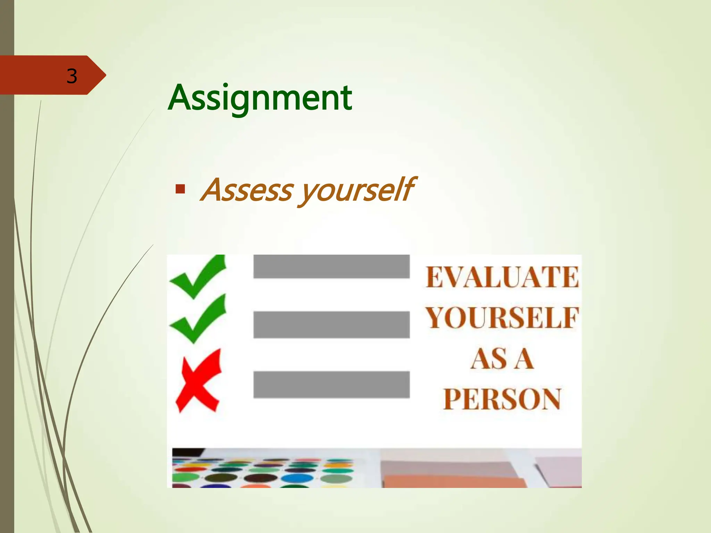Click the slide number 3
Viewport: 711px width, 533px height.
pos(72,76)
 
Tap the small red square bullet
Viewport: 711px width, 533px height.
pos(180,189)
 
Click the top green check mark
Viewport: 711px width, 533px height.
pos(198,277)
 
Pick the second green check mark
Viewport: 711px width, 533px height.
pos(198,319)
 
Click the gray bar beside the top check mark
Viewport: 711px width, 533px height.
pos(331,266)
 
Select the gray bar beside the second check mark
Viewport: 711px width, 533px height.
pos(331,324)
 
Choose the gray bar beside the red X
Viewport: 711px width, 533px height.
pos(331,384)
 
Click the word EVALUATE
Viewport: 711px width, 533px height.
pos(502,277)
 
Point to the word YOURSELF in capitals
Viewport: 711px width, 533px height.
pos(502,318)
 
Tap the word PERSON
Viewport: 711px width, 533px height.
pos(502,399)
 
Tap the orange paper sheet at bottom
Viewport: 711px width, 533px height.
pos(451,482)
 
